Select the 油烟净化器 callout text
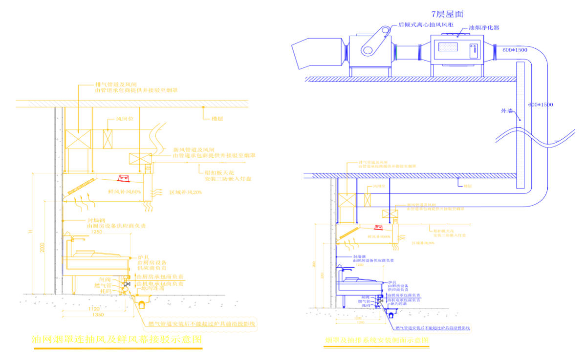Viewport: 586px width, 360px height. tap(484, 28)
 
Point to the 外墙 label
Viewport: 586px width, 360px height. tap(507, 111)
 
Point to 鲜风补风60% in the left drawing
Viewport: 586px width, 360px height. tap(124, 192)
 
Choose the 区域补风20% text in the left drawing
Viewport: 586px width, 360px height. tap(185, 192)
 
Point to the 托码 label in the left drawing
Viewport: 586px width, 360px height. tap(106, 291)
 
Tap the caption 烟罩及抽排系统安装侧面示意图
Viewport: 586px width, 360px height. tap(377, 339)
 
